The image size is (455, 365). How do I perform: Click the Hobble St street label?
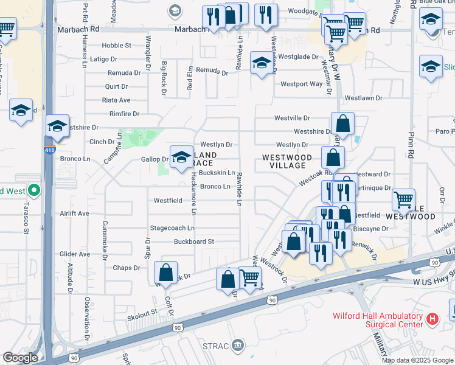point(116,46)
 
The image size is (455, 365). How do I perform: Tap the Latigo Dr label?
point(103,59)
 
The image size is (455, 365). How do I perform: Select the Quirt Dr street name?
point(116,86)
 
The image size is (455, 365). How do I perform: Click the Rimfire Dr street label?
point(124,114)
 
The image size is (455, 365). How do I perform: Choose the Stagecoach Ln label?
point(172,228)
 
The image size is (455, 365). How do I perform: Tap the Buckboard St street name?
point(194,242)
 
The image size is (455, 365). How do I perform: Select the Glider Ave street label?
point(74,254)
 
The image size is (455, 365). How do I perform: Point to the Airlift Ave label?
point(74,214)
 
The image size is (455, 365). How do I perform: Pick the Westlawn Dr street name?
point(363,97)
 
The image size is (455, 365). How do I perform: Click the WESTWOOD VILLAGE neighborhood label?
point(287,161)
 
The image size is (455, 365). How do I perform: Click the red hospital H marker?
point(432,318)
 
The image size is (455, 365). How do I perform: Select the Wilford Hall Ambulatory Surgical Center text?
point(377,320)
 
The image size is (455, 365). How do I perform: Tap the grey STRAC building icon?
point(238,346)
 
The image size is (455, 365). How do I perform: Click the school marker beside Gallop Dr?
point(181,157)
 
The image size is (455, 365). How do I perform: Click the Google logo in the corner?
point(20,358)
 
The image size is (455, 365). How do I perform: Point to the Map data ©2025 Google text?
point(417,360)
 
